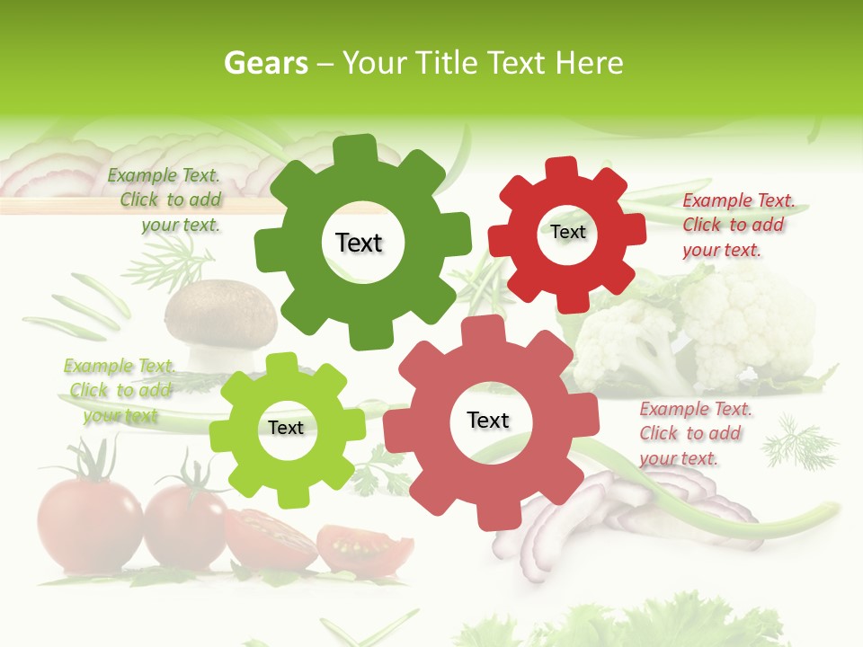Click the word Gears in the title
266,63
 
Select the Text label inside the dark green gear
359,243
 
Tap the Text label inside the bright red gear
567,232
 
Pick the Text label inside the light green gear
286,428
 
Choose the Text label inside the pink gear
488,420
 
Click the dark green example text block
165,200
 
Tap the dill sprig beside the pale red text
798,441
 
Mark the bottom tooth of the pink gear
491,517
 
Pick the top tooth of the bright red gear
562,167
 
